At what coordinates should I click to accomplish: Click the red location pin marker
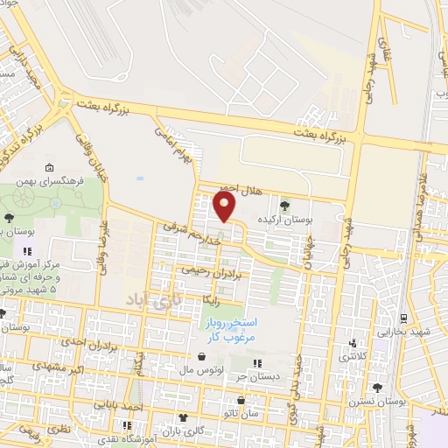(x=225, y=206)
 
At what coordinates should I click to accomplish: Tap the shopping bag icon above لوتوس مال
(x=203, y=357)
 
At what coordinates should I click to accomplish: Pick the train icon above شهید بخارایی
(x=404, y=318)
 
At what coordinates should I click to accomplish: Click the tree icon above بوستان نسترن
(x=378, y=388)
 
